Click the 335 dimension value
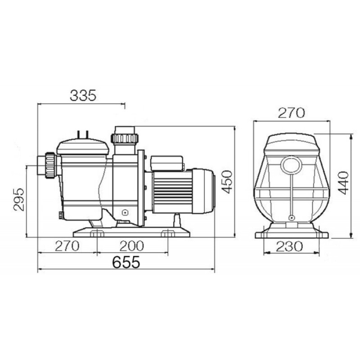(83, 96)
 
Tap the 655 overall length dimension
(126, 262)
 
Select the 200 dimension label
(132, 246)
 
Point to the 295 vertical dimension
(19, 199)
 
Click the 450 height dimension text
(227, 182)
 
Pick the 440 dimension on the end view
(343, 183)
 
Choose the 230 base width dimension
(290, 246)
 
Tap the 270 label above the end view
(291, 113)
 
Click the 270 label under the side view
(67, 246)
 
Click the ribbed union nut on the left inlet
(50, 165)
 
